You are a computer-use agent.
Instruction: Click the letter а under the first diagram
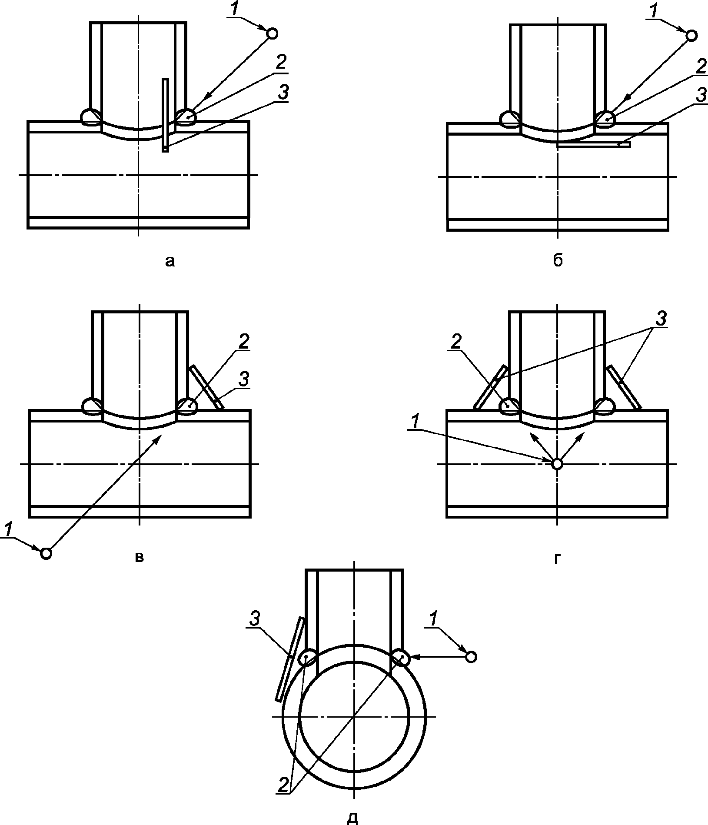170,261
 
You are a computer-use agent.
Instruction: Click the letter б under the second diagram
558,260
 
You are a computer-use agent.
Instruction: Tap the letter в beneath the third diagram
139,557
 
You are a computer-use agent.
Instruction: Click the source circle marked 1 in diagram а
272,33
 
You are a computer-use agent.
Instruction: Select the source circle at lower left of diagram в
46,553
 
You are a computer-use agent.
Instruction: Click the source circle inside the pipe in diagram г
557,464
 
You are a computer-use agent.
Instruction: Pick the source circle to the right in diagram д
471,656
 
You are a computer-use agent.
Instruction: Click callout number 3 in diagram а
283,93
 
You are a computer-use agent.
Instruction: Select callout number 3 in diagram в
244,379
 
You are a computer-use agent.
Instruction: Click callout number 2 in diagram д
283,783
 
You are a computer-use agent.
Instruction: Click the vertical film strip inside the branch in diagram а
165,115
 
